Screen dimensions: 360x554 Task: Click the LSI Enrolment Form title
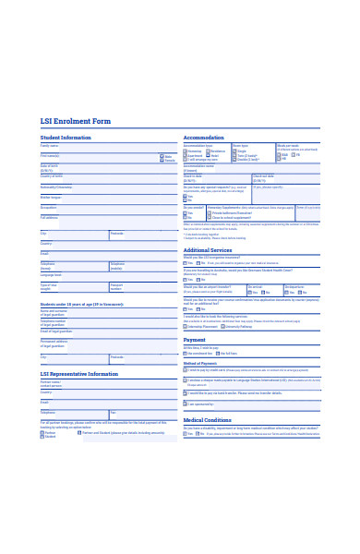(x=76, y=121)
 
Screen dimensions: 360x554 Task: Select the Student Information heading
(x=66, y=137)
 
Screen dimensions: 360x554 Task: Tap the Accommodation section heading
(x=204, y=137)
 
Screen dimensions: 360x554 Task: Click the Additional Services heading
(x=208, y=250)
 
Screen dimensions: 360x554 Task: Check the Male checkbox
(x=162, y=156)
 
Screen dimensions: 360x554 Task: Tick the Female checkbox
(x=162, y=161)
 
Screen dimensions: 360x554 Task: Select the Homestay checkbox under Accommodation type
(x=186, y=151)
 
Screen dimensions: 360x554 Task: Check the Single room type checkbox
(x=234, y=151)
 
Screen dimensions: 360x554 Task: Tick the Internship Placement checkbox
(x=186, y=326)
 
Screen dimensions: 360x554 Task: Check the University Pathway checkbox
(x=222, y=326)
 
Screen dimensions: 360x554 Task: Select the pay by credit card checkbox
(x=186, y=369)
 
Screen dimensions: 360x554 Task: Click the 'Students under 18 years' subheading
(x=81, y=304)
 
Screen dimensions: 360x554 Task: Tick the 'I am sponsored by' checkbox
(x=186, y=403)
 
